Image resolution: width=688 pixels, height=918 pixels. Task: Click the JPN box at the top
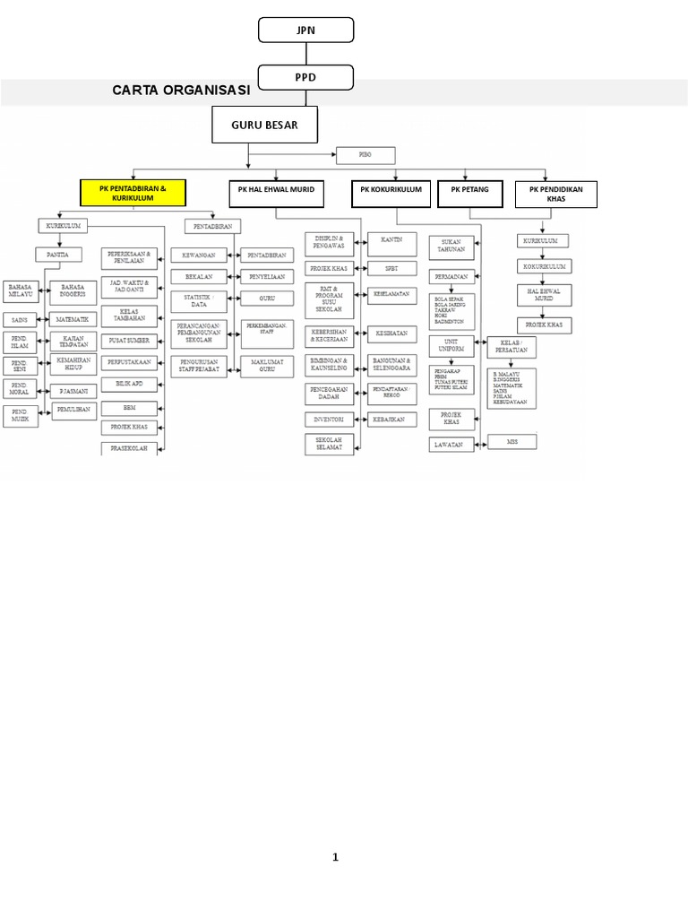click(305, 30)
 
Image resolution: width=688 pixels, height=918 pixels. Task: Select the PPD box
click(305, 78)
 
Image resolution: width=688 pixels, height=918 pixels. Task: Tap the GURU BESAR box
click(265, 125)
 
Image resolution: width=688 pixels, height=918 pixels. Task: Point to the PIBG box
click(365, 156)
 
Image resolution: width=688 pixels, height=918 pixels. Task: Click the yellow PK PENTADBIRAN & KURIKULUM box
click(133, 193)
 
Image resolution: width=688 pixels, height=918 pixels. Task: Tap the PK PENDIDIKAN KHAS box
click(555, 195)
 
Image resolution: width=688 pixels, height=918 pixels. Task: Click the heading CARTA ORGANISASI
click(182, 91)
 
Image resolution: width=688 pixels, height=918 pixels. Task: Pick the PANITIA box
click(57, 255)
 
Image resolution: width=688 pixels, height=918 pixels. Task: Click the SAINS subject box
click(20, 319)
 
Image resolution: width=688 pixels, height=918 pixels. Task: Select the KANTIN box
click(391, 240)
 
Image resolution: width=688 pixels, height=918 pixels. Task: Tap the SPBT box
click(391, 268)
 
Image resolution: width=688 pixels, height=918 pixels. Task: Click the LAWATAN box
click(451, 444)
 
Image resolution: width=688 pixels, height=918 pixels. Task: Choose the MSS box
click(512, 441)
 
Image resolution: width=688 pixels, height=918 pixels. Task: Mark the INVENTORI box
click(329, 419)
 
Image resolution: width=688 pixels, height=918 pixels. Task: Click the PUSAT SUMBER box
click(129, 340)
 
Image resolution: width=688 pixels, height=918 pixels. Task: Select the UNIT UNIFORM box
click(451, 345)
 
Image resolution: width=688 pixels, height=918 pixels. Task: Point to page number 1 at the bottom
click(336, 857)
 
